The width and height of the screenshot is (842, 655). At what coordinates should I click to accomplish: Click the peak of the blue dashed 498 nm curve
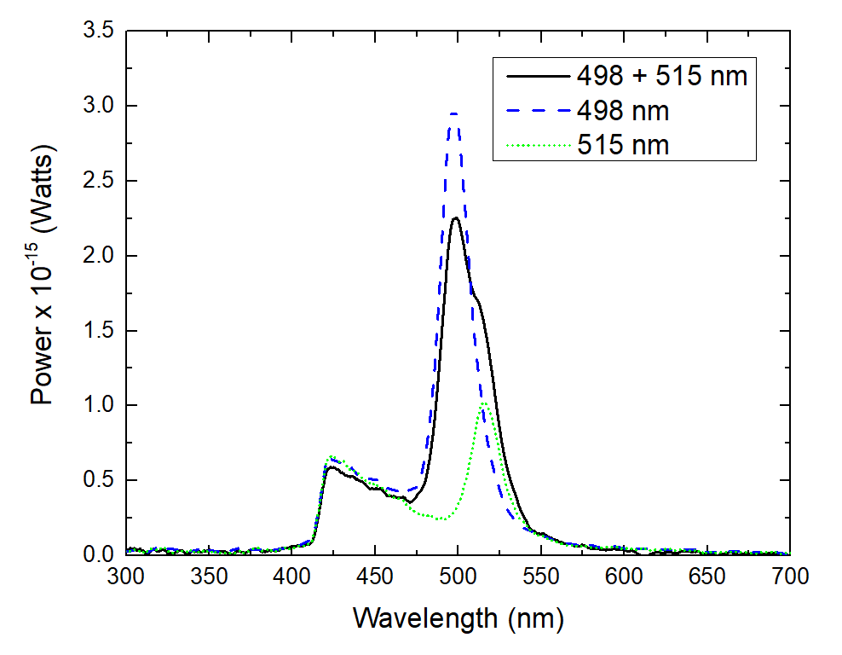[x=455, y=113]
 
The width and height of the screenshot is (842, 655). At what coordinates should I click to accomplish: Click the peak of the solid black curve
[x=456, y=217]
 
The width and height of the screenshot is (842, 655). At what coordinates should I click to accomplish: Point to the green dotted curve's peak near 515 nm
[x=483, y=403]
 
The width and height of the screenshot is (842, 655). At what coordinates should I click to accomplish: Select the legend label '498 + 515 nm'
[x=661, y=76]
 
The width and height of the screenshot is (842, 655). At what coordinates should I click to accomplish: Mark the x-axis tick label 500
[x=458, y=577]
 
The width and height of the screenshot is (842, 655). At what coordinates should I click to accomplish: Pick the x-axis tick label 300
[x=126, y=577]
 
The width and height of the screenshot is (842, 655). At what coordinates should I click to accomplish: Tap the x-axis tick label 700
[x=789, y=577]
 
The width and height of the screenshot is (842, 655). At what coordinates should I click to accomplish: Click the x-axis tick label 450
[x=375, y=577]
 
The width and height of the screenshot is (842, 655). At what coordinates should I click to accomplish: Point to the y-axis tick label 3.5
[x=99, y=32]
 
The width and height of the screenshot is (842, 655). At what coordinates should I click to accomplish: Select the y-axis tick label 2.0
[x=99, y=256]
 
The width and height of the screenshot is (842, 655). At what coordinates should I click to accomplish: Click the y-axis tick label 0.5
[x=99, y=480]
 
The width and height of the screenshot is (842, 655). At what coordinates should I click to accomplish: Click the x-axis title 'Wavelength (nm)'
[x=458, y=617]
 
